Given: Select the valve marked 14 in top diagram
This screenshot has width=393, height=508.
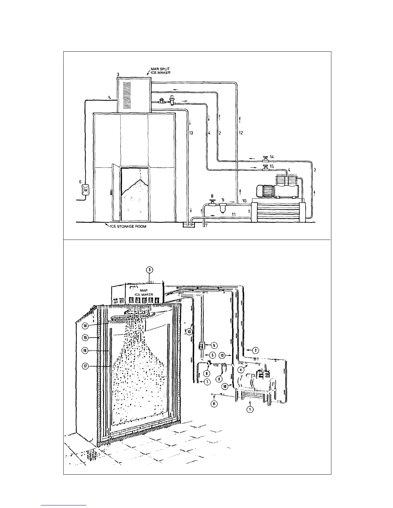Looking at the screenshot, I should (265, 159).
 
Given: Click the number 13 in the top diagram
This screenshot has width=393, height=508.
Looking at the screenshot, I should (191, 132).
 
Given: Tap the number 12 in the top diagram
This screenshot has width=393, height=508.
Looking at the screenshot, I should (240, 132).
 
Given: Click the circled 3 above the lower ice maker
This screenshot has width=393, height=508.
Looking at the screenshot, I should (149, 270).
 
